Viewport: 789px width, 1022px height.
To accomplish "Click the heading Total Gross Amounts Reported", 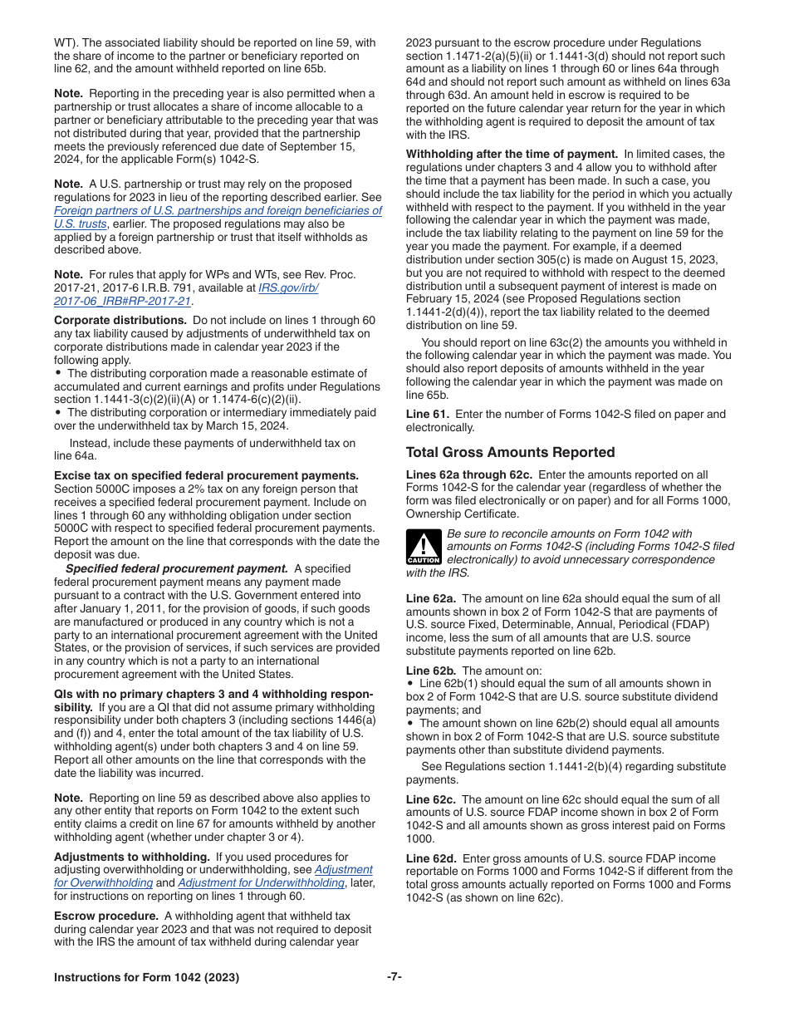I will [x=510, y=453].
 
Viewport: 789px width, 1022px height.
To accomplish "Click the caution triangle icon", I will [x=423, y=547].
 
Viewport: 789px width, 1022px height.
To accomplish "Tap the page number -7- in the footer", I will [x=394, y=976].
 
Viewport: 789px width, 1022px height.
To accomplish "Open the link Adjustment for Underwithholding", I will [x=261, y=883].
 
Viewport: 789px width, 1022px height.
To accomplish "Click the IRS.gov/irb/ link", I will [x=288, y=287].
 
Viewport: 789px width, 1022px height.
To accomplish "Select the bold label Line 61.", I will [x=427, y=415].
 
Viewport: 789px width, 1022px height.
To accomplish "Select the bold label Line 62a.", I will [x=430, y=599].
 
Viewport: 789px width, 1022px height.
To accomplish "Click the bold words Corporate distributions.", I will [x=120, y=321].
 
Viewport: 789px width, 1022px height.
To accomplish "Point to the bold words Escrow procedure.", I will [x=105, y=916].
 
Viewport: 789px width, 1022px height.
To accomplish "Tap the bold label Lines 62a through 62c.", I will [x=468, y=474].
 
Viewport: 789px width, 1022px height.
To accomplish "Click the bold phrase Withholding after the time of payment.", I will [x=511, y=154].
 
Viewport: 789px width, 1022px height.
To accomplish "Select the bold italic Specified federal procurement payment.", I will [x=176, y=569].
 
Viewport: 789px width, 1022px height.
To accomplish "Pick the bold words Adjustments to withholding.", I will [x=131, y=857].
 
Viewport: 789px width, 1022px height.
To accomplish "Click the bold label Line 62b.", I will [x=430, y=671].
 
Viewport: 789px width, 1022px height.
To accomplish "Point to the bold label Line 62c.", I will [x=430, y=799].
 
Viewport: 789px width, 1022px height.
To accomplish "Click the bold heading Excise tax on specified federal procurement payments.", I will [x=206, y=476].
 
